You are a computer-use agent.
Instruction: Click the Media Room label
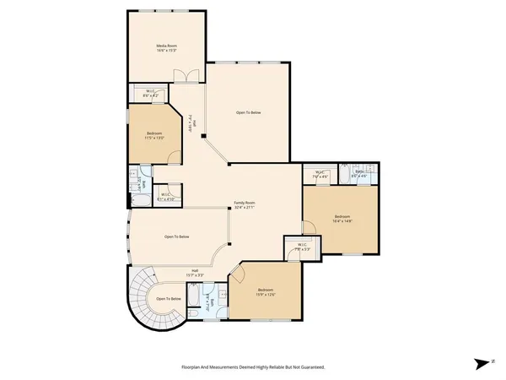tap(167, 48)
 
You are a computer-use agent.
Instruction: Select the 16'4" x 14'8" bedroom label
tap(342, 220)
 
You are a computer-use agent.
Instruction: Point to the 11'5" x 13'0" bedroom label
tap(154, 135)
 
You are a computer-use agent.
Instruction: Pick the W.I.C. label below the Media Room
tap(149, 93)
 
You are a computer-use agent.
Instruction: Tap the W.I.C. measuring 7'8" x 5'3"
tap(302, 247)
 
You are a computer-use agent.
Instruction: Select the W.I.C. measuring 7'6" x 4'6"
tap(320, 175)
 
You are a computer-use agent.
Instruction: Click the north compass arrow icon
tap(482, 363)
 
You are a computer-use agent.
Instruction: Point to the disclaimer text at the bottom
tap(253, 367)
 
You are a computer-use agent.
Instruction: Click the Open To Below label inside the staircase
tap(168, 299)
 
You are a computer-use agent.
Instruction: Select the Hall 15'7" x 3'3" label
tap(195, 273)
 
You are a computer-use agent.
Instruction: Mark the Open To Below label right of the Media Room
tap(249, 112)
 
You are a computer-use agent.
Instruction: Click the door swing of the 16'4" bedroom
tap(310, 226)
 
